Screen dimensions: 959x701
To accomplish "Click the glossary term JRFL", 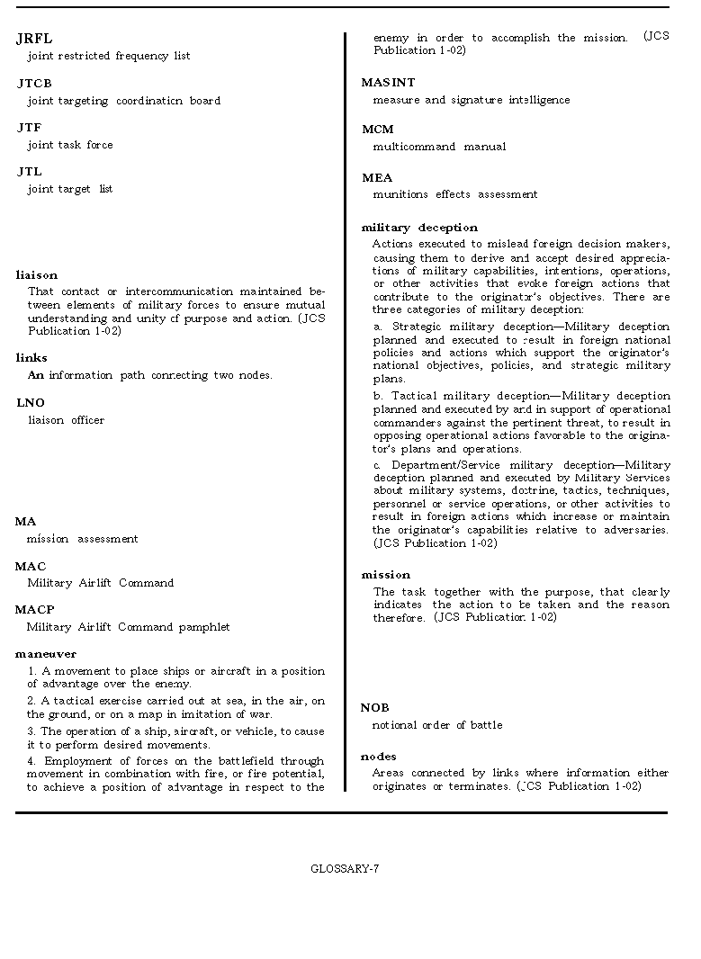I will [x=34, y=39].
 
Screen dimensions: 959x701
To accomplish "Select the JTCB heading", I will [x=34, y=84].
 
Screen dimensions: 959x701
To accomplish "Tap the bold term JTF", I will [x=29, y=128].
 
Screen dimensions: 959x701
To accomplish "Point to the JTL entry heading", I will [x=29, y=172].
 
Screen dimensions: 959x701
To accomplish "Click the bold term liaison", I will [x=37, y=275].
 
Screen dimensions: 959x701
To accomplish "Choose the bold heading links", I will [x=31, y=358].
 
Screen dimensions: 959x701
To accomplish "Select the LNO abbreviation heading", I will [x=31, y=403].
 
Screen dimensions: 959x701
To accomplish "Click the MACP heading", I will [x=34, y=610].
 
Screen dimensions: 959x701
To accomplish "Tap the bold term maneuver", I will [x=46, y=654].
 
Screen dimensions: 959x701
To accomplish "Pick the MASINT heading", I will [x=388, y=83].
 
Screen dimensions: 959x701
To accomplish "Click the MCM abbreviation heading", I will [x=377, y=130].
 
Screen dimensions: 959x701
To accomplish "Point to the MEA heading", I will [x=377, y=178].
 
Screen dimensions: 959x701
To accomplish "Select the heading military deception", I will [x=419, y=228].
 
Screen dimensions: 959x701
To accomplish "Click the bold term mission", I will [x=385, y=575].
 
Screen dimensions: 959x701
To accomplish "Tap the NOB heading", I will [x=375, y=708].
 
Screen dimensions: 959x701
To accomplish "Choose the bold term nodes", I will [x=379, y=757].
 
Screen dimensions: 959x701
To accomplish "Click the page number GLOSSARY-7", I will [x=345, y=869].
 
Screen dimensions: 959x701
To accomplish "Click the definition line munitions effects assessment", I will [x=455, y=194].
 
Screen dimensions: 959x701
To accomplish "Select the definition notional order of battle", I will [x=437, y=725].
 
